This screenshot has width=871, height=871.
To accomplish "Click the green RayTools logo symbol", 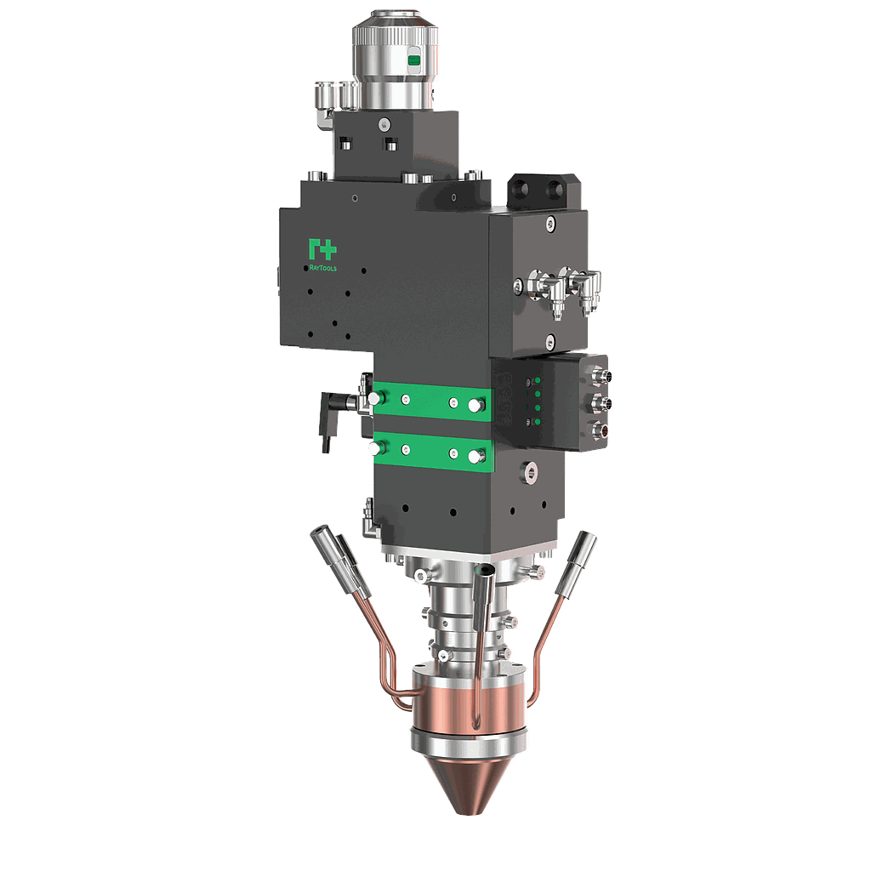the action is point(322,249).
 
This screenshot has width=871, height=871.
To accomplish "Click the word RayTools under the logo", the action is point(322,268).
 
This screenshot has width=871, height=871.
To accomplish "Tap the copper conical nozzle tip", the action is point(469,783).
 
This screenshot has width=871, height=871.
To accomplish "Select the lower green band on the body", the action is point(433,451).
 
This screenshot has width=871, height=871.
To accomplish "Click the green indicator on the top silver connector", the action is point(414,60).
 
